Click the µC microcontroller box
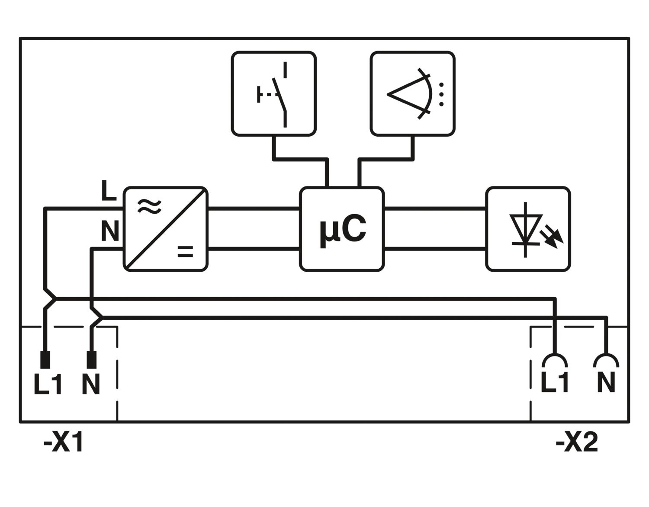pos(341,229)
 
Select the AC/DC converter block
pos(166,229)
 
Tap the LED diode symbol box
pos(528,229)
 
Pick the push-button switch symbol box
pos(274,93)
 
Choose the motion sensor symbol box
pos(413,93)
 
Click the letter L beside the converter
pos(109,191)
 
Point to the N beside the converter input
pos(110,231)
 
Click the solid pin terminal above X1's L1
pos(45,359)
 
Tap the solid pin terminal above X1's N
pos(91,359)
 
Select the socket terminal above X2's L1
pos(555,361)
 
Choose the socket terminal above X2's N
pos(606,361)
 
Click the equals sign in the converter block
pos(186,252)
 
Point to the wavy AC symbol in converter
pos(149,206)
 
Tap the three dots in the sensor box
pos(441,94)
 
